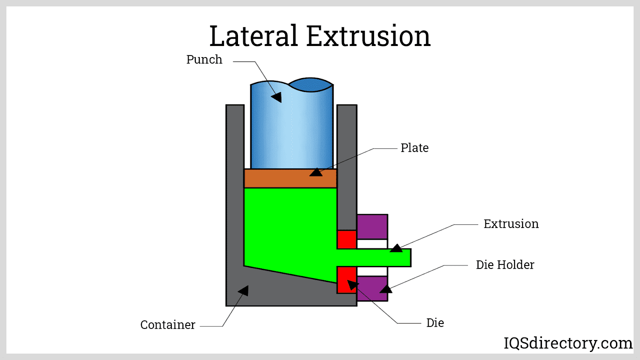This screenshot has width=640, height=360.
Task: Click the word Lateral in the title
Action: point(254,36)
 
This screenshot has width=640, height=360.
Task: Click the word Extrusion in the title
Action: point(368,36)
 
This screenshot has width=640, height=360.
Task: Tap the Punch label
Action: point(204,60)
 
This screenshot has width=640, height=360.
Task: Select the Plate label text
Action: point(414,148)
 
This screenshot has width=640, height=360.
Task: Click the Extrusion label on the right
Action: point(511,224)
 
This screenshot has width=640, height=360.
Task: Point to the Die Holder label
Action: point(505,265)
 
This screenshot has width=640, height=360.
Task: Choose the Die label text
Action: point(435,323)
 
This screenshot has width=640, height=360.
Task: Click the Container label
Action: point(168,325)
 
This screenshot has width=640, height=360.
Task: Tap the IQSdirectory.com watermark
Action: point(568,343)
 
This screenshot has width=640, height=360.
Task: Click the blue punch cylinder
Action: point(292,128)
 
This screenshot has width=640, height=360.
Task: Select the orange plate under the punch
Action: point(280,178)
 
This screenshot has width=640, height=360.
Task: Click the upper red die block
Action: point(346,240)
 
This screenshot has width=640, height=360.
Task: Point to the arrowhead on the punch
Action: point(277,97)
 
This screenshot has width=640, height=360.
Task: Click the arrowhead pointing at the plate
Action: point(316,172)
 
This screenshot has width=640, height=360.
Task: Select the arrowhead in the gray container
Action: point(244,291)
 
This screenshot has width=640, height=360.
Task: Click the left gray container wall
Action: point(235,180)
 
